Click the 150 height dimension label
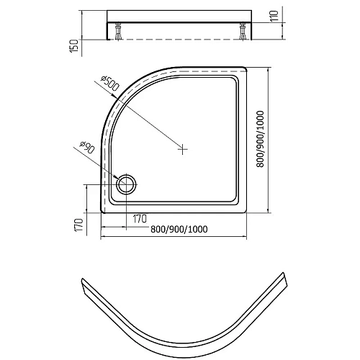coord(75,46)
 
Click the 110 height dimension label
coord(274,16)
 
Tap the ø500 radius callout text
coord(110,84)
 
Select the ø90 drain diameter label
coord(86,148)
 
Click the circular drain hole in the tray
coord(127,184)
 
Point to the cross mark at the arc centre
coord(183,149)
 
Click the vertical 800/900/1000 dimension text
coord(260,139)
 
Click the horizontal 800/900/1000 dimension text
coord(179,230)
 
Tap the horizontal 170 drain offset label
coord(140,219)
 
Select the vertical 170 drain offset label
coord(79,225)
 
